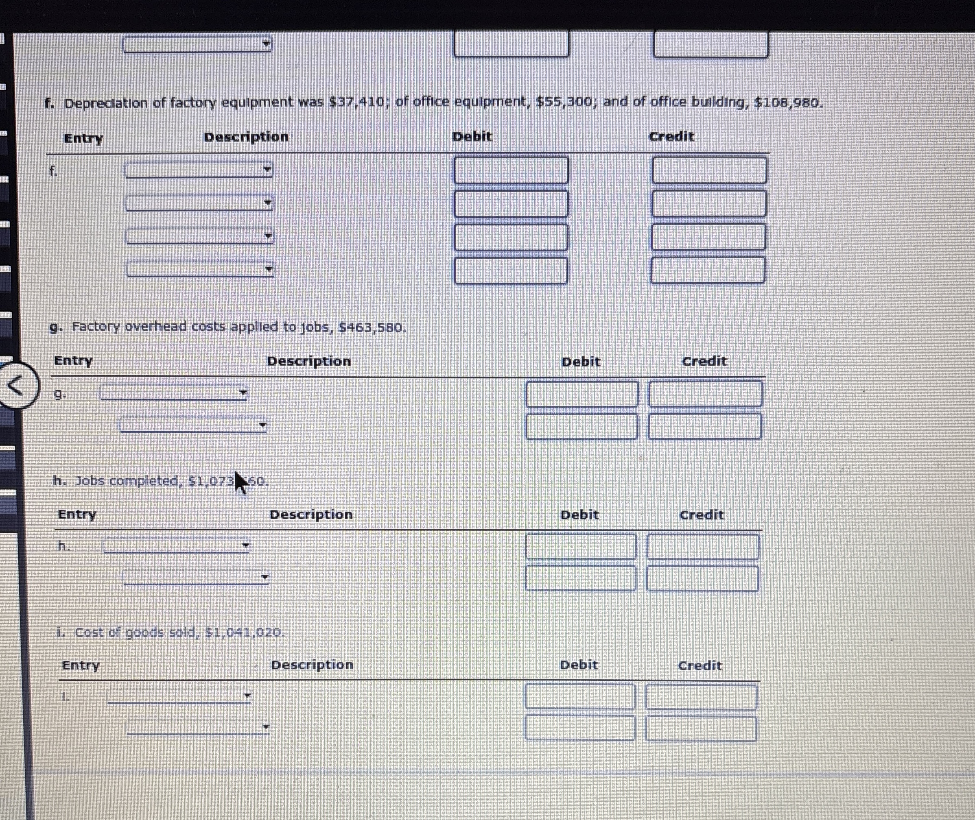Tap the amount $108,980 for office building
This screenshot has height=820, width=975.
click(x=786, y=102)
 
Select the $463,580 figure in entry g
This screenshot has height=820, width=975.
click(x=372, y=328)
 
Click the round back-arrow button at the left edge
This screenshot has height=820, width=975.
click(x=17, y=385)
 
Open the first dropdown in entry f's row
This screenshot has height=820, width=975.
click(x=199, y=170)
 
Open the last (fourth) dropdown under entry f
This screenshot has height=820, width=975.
click(x=200, y=269)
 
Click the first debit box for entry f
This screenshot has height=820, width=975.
click(x=511, y=170)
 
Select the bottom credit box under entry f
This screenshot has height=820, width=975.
click(x=708, y=270)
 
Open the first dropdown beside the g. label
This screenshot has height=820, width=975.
click(x=174, y=393)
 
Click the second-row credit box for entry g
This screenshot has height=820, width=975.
click(x=705, y=426)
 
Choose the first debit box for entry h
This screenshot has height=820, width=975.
click(x=581, y=546)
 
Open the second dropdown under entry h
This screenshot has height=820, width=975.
click(x=196, y=577)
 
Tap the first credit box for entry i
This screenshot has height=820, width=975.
click(x=701, y=696)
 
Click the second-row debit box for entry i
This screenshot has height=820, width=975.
click(x=580, y=728)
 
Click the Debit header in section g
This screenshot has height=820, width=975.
click(x=581, y=362)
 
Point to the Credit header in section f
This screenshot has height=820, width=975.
click(x=671, y=136)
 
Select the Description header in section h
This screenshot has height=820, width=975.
click(x=311, y=515)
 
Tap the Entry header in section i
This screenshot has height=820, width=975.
click(x=81, y=665)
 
